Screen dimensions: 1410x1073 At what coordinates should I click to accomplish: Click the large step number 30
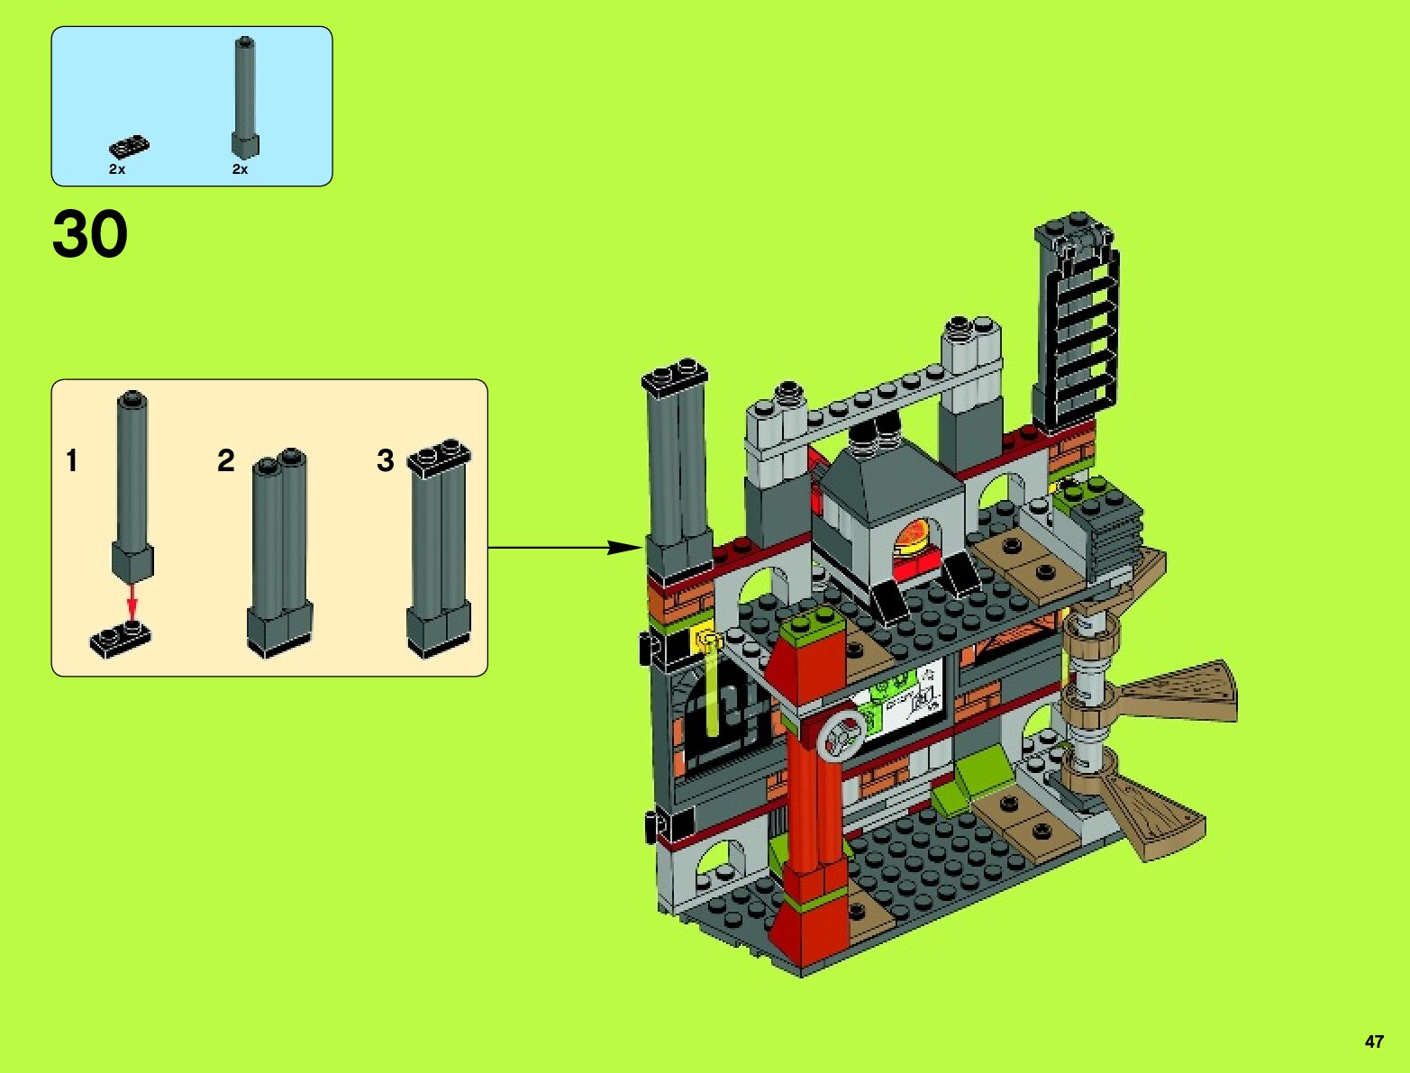tap(90, 235)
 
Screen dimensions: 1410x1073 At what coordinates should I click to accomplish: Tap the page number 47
tap(1374, 1041)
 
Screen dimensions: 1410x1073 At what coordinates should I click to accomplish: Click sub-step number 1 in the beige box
tap(72, 461)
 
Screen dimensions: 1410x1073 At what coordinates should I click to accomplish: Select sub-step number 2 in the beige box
tap(225, 461)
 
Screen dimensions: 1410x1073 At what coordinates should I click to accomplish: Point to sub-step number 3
tap(386, 461)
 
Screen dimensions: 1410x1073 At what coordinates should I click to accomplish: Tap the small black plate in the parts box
tap(130, 146)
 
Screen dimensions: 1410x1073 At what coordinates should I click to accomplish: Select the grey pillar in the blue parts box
tap(244, 95)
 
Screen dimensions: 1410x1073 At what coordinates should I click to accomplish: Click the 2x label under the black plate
tap(117, 169)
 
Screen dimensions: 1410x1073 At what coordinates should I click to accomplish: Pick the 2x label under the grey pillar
tap(240, 169)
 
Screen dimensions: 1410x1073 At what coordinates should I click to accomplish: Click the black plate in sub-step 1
tap(121, 637)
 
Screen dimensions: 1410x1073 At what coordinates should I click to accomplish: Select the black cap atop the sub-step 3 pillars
tap(439, 457)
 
